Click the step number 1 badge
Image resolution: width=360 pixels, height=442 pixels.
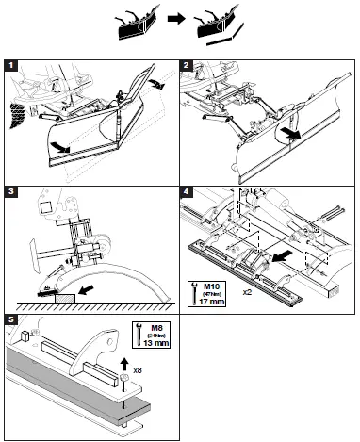pyautogui.click(x=9, y=67)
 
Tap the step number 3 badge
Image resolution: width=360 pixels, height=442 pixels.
pyautogui.click(x=9, y=192)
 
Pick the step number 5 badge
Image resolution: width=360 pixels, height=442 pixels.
pyautogui.click(x=9, y=319)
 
